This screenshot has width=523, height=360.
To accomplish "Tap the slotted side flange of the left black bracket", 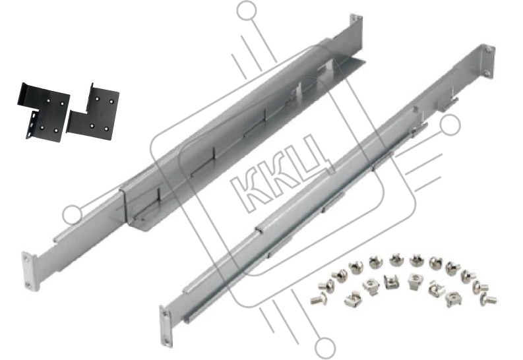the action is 31,125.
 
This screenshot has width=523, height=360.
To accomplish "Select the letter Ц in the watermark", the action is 312,158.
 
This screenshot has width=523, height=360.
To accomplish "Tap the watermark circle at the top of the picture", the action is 247,11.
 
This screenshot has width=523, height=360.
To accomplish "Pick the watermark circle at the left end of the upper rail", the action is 73,214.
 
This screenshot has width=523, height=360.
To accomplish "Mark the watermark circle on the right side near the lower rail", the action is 450,125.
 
